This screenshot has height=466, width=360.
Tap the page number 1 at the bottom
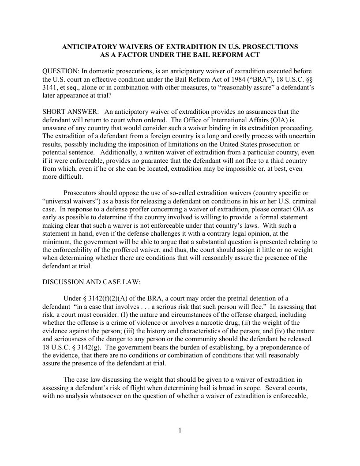(180, 430)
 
